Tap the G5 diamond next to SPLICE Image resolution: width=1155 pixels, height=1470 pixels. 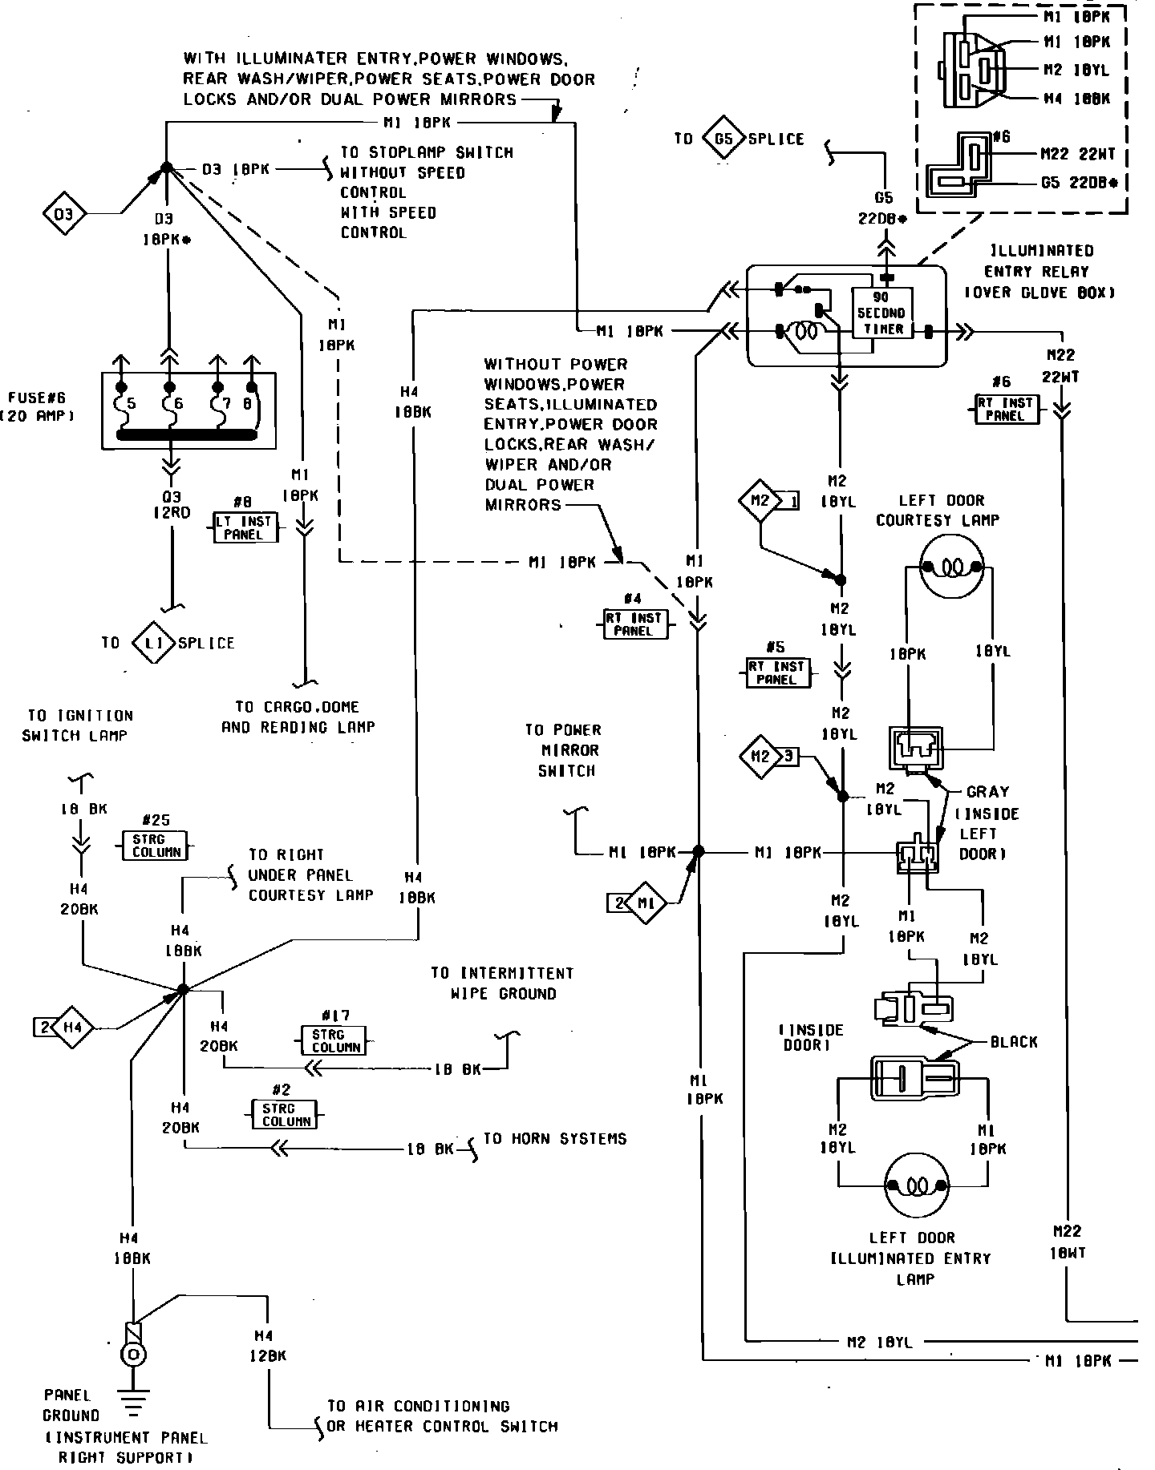point(723,139)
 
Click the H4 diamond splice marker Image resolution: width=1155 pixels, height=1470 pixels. point(73,1027)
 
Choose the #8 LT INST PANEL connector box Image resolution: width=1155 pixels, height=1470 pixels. point(245,528)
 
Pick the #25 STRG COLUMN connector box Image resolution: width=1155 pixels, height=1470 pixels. point(156,846)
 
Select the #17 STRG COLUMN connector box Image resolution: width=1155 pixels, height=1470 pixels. point(334,1040)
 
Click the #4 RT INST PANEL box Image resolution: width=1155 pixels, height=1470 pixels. point(634,624)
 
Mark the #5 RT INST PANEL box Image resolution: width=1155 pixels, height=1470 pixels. point(775,672)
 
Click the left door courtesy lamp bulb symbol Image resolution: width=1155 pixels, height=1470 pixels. point(950,567)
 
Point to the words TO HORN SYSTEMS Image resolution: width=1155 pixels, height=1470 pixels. point(554,1138)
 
